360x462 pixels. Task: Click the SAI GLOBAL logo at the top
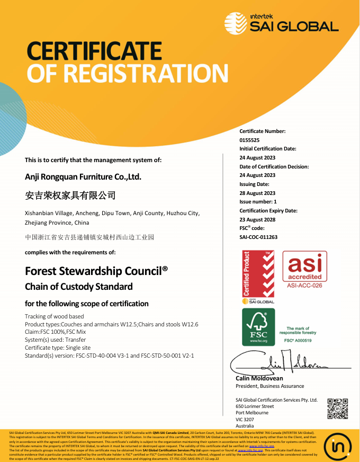281,23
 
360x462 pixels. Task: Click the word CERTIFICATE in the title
94,51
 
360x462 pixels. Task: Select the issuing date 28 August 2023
257,193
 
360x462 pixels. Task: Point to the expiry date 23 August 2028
257,219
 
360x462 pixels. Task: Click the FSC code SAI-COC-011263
258,237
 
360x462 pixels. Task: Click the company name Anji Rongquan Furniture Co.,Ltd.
83,176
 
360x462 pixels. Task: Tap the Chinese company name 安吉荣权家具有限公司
70,196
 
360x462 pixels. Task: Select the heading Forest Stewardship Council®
96,271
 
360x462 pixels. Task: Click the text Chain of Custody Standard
79,287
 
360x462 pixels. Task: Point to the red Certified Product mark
258,276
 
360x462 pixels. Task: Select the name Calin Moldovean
259,378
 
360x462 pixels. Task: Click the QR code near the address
337,408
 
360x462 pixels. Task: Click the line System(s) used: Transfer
55,340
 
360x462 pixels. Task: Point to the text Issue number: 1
258,202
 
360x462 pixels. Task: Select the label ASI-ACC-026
304,286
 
